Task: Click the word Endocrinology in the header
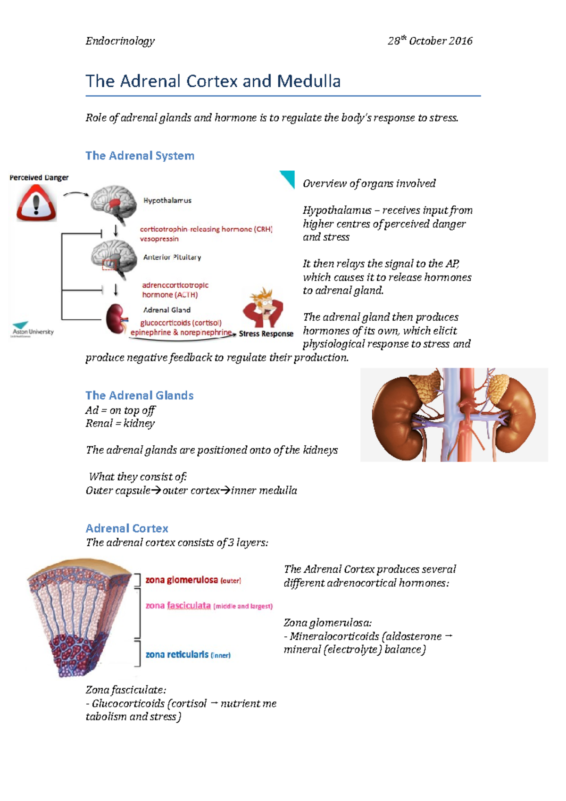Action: coord(120,41)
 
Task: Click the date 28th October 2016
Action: coord(430,41)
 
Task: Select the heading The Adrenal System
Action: coord(140,156)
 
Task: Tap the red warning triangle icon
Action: coord(36,203)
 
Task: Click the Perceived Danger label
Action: coord(39,178)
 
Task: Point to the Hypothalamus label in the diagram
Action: coord(167,200)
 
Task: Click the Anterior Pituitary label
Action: coord(172,257)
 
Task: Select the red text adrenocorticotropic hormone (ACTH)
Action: coord(175,290)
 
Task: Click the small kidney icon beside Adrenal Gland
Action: coord(116,318)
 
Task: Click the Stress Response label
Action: coord(266,334)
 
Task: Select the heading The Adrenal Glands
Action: coord(139,395)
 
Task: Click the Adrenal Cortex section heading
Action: coord(126,528)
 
